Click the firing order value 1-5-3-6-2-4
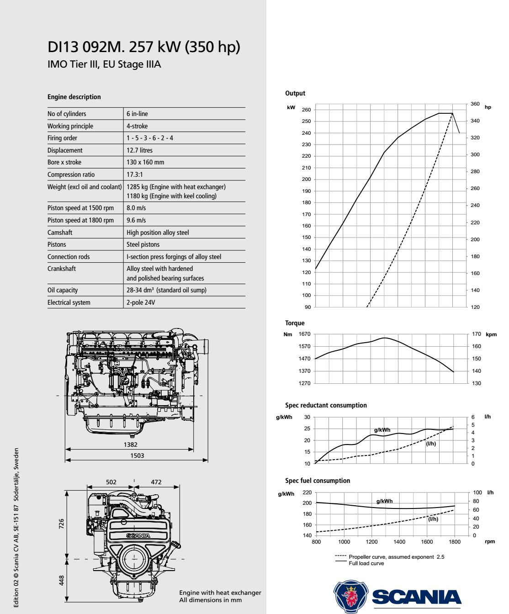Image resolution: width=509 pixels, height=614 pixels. point(150,138)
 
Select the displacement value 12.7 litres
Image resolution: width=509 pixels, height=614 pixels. point(139,150)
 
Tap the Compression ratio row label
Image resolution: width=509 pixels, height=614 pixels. point(71,175)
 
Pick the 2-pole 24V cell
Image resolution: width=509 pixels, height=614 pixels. point(141,302)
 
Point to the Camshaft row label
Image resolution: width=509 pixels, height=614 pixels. point(60,233)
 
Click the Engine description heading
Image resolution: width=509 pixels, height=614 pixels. point(74,97)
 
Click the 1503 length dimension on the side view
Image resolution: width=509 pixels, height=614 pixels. point(137,455)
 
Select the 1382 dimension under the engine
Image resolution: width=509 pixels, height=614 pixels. point(130,445)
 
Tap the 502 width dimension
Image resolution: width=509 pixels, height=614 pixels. point(111,482)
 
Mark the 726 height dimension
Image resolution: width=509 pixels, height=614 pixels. point(62,524)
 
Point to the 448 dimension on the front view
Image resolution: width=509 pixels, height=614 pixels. point(62,580)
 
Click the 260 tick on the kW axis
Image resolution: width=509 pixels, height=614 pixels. point(306,110)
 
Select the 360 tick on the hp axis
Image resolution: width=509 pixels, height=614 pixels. point(475,104)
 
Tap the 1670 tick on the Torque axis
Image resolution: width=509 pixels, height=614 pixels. point(304,334)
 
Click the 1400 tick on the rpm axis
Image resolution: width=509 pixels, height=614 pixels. point(399,542)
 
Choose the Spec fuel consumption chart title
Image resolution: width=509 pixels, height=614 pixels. point(318,481)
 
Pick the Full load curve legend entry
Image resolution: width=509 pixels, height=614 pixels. point(366,563)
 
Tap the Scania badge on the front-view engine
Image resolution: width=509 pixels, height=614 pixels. point(138,535)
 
